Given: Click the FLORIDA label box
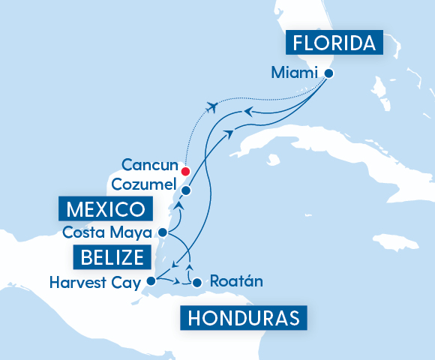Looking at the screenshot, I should [334, 43].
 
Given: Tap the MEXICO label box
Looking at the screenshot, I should [105, 208].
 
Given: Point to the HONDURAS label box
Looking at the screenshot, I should [243, 318].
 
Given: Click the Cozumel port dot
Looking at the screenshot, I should [186, 190].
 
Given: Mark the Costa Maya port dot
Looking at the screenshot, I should [163, 232].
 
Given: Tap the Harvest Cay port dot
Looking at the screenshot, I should [151, 282].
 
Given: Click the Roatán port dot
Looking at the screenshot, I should [196, 283].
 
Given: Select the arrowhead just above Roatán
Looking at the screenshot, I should [189, 267].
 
